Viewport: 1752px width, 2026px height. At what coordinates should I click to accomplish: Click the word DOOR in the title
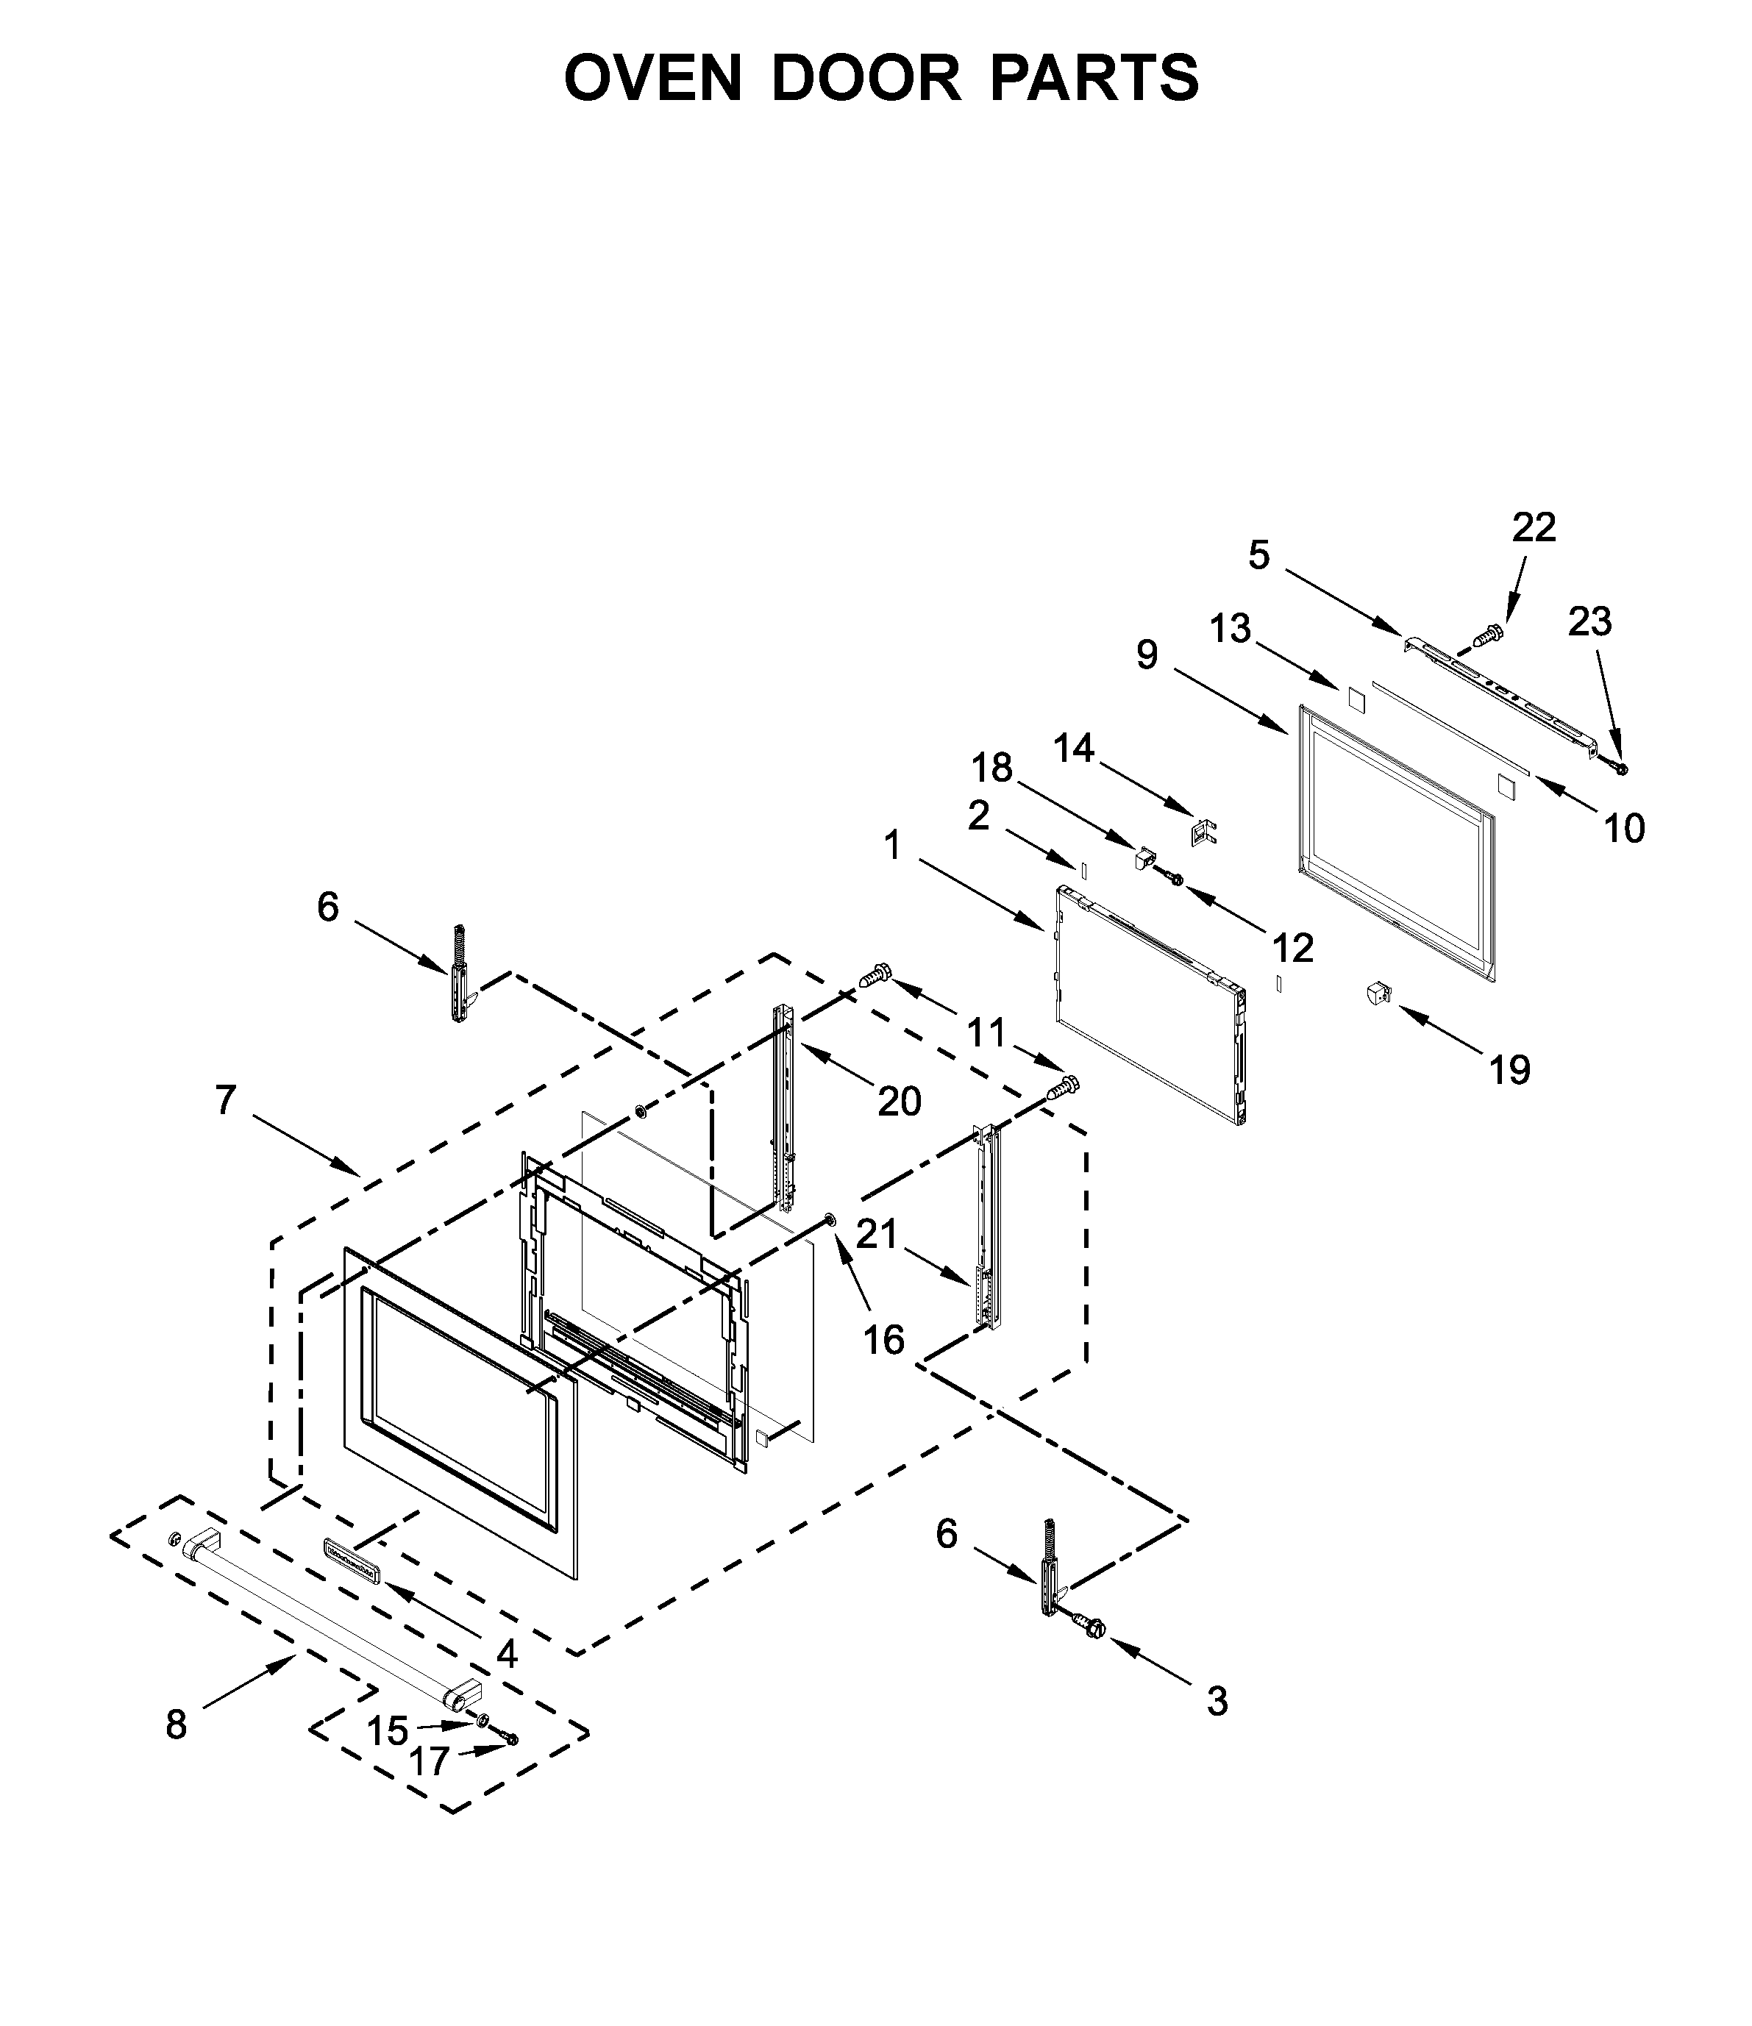865,78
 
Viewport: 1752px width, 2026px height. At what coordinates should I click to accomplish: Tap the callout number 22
1533,528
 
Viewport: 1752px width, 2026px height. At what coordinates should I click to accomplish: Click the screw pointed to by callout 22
1489,635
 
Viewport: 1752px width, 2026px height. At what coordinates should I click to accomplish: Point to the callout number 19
1509,1071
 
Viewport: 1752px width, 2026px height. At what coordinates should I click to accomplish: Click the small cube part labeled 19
1378,994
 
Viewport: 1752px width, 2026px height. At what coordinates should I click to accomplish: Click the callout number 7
226,1100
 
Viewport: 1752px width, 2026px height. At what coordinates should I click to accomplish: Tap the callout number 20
899,1102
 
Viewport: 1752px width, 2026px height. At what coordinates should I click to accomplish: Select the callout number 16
883,1340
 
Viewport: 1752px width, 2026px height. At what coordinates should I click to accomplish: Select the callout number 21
877,1235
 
